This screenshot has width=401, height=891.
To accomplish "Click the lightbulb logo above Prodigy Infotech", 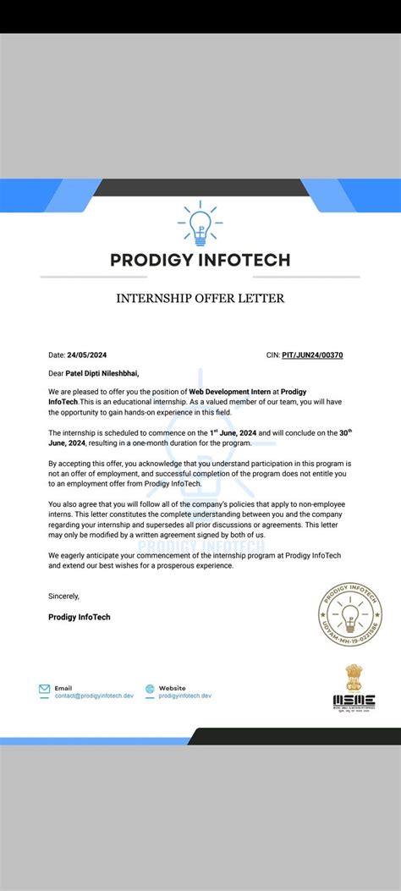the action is (200, 222).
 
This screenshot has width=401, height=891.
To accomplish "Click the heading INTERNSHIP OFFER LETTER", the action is (200, 298).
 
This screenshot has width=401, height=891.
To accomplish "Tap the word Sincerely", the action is (65, 596).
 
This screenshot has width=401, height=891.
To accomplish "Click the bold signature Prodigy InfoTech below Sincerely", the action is (80, 617).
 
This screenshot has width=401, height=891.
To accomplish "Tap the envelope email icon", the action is (45, 690).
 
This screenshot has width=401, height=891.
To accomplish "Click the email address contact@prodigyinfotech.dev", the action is (94, 696).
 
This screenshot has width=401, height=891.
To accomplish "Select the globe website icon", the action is (151, 690).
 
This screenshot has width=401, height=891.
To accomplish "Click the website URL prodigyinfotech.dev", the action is (184, 696).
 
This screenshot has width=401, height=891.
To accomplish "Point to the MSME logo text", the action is (354, 701).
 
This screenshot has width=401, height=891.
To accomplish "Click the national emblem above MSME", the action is (354, 676).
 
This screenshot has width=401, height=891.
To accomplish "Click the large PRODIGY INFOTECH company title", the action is (200, 260).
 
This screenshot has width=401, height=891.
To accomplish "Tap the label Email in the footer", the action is (63, 687).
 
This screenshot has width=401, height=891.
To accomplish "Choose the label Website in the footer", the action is (172, 687).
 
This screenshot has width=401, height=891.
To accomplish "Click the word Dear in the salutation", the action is (56, 372).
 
